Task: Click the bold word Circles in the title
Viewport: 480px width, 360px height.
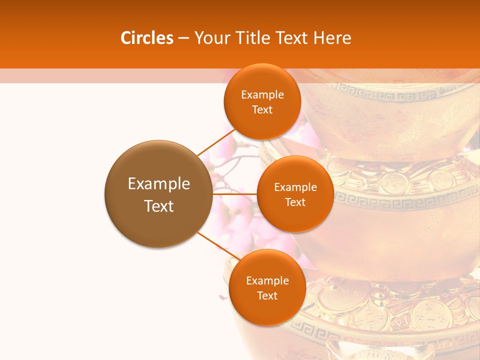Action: tap(146, 38)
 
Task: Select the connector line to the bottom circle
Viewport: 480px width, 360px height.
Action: tap(217, 246)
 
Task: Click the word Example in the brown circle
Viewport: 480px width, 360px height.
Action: tap(159, 184)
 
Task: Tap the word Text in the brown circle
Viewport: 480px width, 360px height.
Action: tap(159, 206)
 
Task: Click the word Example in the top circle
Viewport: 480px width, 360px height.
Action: tap(262, 94)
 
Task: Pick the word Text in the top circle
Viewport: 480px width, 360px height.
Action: tap(262, 109)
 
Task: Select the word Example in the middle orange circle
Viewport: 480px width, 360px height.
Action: tap(295, 187)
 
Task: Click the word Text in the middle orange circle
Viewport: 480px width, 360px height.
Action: tap(295, 202)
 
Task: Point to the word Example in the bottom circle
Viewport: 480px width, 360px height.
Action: tap(267, 280)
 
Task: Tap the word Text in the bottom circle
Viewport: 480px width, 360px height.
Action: tap(267, 295)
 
